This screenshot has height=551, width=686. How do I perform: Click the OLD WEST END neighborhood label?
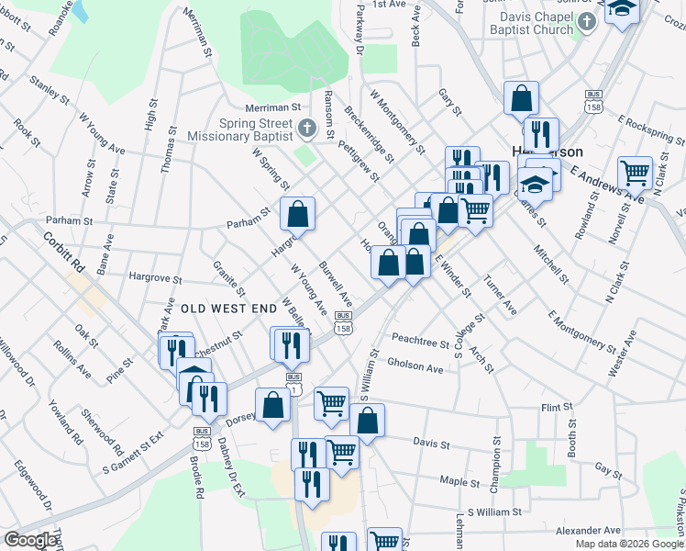point(227,309)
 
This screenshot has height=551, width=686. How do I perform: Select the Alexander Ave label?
point(589,530)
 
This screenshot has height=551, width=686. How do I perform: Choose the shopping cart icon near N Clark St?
point(634,171)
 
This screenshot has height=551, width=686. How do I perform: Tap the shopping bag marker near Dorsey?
point(273,404)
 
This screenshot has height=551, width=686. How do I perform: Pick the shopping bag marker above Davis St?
point(367,421)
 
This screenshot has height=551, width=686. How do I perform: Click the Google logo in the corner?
point(30,540)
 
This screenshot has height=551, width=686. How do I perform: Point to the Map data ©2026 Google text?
point(629,544)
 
